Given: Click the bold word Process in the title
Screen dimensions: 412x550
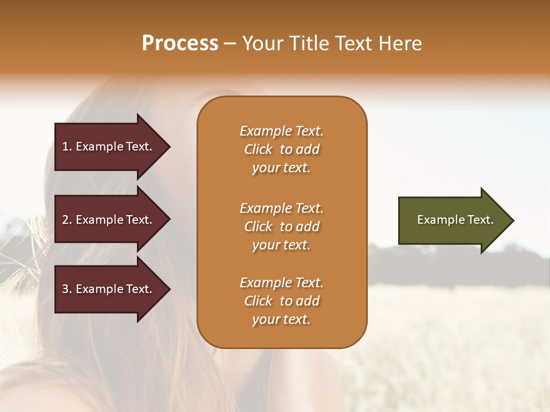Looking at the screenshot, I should click(x=180, y=43).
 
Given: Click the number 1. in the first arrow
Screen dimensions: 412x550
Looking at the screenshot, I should click(x=67, y=146).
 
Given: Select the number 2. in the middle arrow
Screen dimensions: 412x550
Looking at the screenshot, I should click(x=67, y=220).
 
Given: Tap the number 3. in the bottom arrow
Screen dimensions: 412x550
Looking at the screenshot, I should click(x=67, y=289).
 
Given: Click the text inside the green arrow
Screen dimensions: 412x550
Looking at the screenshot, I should click(x=455, y=220).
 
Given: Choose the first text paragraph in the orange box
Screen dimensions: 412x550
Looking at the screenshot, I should click(x=281, y=149).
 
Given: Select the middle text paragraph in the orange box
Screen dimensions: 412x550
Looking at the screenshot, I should click(x=281, y=227).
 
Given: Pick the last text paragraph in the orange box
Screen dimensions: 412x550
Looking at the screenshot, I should click(x=281, y=301).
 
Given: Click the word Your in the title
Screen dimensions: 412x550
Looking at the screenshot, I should click(x=261, y=43).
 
